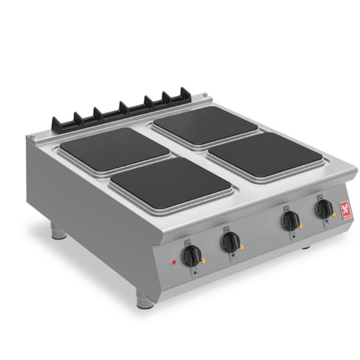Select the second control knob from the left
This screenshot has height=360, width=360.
pos(230,241)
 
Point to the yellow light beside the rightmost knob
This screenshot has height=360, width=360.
pos(334,215)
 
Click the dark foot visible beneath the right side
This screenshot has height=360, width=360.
pos(306,248)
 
